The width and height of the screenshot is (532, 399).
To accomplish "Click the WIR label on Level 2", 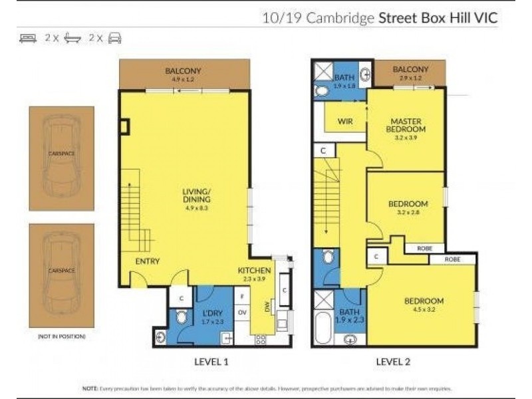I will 345,121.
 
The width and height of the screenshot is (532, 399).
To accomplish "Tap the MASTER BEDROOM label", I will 406,125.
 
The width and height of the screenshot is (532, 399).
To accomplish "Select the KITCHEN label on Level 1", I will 255,271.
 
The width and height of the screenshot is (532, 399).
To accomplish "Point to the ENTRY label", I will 147,261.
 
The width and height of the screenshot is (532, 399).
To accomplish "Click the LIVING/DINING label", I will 196,196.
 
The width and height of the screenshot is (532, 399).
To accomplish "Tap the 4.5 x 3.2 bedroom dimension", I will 424,309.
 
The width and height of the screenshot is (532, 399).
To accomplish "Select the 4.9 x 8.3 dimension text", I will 196,207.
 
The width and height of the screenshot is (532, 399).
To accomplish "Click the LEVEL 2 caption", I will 394,362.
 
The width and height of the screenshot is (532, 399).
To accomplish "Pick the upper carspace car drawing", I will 61,156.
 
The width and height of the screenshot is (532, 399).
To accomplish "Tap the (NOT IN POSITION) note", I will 61,336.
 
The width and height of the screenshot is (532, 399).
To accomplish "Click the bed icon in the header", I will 28,39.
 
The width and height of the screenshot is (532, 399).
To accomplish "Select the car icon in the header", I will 114,39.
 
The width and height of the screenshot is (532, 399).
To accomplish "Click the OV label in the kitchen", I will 243,311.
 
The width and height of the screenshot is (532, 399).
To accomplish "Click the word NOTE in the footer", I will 89,388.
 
